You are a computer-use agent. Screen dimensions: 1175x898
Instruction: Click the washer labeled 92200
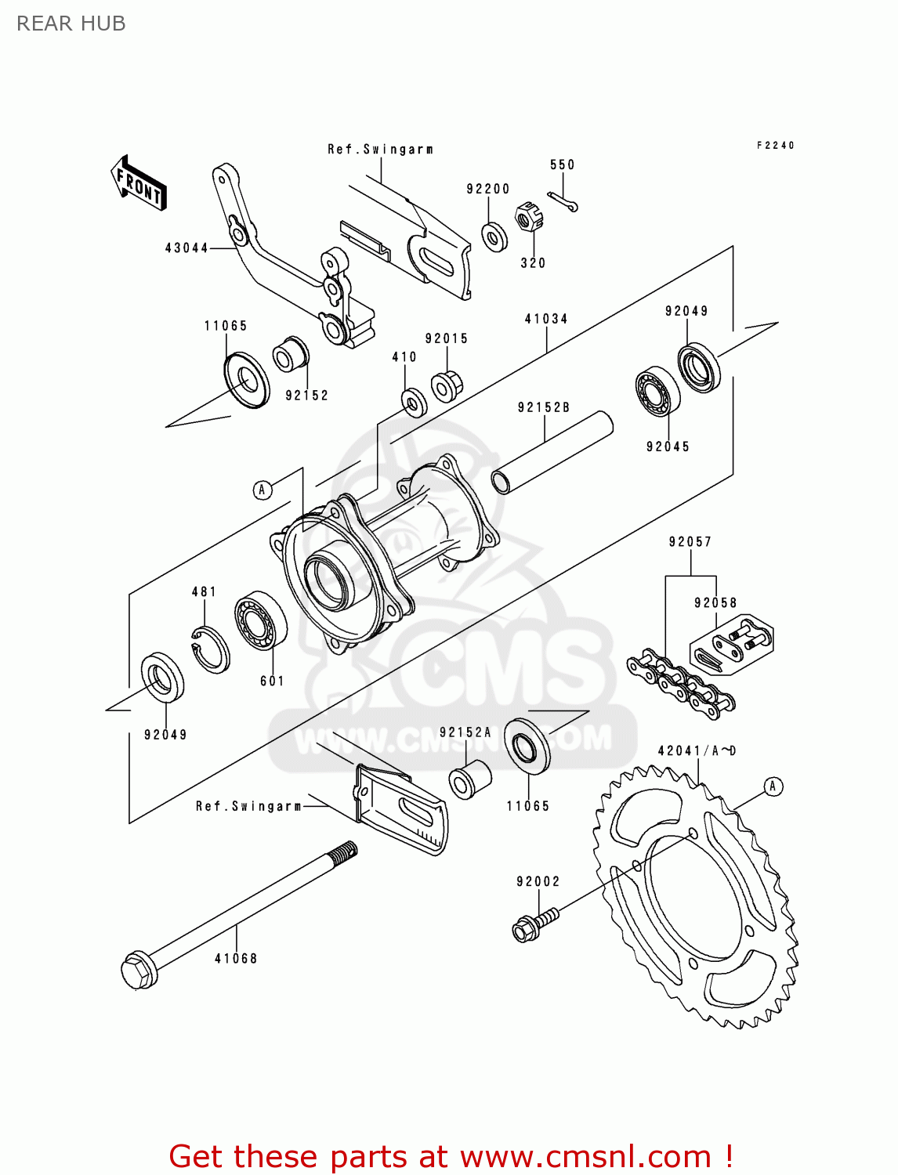coord(494,236)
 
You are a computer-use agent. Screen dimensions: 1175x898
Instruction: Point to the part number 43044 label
coord(186,248)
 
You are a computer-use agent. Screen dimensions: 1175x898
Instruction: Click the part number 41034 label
coord(546,319)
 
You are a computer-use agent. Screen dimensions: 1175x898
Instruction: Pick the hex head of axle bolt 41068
coord(139,970)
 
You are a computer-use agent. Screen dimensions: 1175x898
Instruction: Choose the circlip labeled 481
coord(210,649)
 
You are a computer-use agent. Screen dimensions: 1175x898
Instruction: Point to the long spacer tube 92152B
coord(552,453)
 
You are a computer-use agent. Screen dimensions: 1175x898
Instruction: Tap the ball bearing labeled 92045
coord(657,391)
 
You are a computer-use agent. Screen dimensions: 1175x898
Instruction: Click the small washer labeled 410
coord(414,402)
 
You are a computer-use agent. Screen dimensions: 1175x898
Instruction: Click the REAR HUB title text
coord(71,23)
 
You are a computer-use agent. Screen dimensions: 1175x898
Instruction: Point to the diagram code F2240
coord(775,146)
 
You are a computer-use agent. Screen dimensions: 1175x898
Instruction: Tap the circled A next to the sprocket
coord(773,786)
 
